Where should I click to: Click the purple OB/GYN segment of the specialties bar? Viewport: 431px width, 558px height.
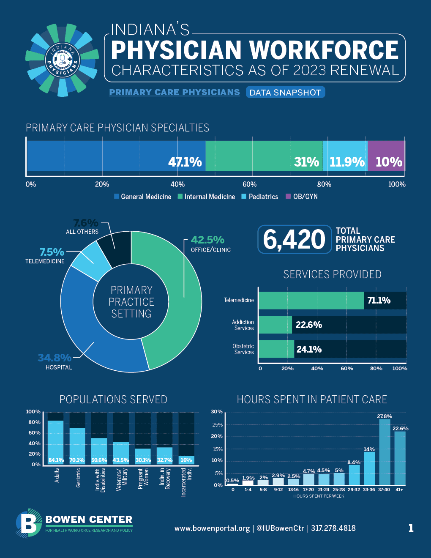point(386,156)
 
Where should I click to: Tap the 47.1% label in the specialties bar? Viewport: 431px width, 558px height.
point(185,162)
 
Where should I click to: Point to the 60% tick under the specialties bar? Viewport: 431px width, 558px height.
point(249,184)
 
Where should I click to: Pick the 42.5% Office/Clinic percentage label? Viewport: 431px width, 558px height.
point(207,240)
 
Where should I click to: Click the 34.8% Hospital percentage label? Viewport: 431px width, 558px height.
point(55,358)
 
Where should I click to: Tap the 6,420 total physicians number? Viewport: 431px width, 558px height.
point(294,240)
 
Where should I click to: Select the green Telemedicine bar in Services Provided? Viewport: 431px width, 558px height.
point(311,301)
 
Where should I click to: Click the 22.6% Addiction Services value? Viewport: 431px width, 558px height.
point(308,325)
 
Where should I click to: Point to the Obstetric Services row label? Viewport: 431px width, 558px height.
point(243,349)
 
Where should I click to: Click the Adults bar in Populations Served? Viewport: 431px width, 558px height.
point(56,440)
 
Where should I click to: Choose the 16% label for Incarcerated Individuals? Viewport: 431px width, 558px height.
point(186,460)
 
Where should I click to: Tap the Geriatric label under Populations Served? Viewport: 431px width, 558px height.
point(78,478)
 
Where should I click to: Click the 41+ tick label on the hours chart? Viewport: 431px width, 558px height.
point(399,490)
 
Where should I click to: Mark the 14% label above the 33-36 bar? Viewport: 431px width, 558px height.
point(369,449)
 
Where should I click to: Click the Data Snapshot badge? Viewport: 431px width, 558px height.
point(285,93)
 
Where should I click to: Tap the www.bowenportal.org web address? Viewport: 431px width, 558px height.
point(212,528)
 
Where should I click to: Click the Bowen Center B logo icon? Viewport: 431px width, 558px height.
point(28,523)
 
